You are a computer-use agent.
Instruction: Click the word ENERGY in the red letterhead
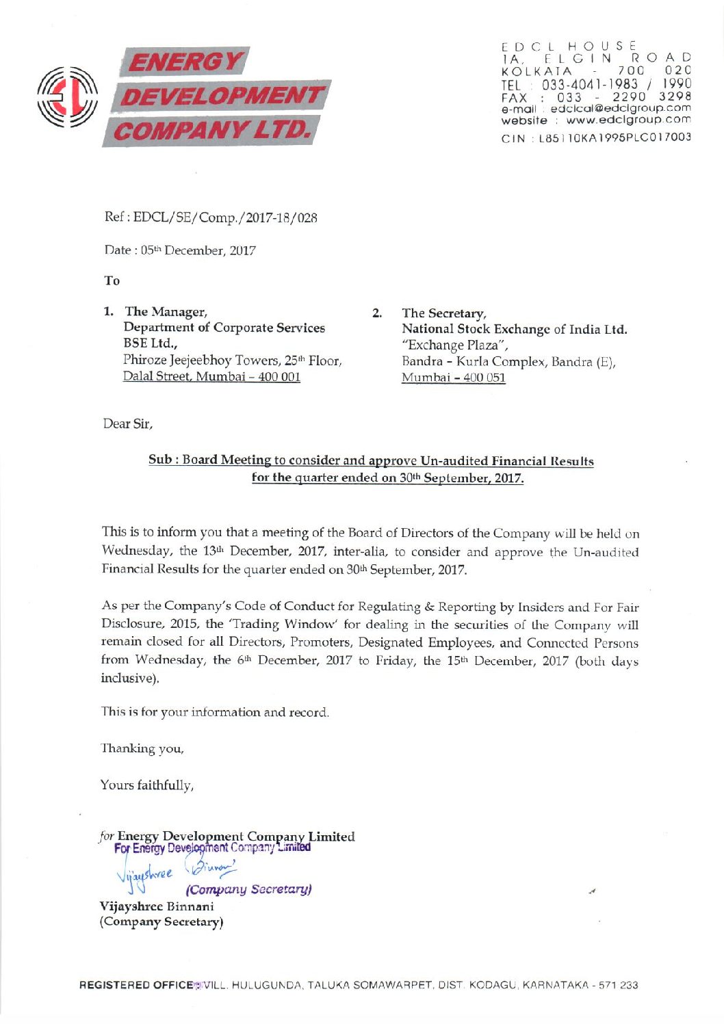(x=185, y=62)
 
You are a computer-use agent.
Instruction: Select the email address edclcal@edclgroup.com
(x=620, y=108)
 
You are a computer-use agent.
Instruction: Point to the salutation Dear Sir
(x=127, y=424)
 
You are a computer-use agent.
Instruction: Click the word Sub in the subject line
(x=159, y=460)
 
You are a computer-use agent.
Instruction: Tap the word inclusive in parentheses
(x=128, y=678)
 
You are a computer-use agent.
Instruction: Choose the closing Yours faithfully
(x=147, y=785)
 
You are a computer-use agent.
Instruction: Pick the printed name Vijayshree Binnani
(x=157, y=906)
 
